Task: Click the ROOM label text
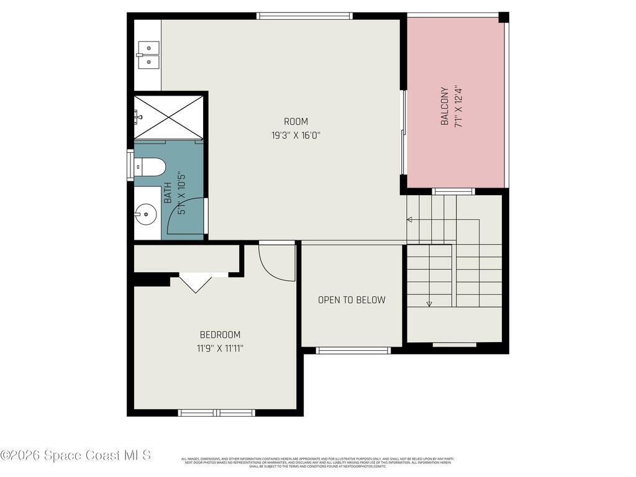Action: coord(296,122)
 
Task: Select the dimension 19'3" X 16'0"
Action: coord(296,135)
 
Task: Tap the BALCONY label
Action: coord(445,106)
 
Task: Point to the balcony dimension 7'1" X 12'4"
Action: coord(459,106)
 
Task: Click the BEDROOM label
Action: coord(219,335)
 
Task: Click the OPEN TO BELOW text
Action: coord(352,300)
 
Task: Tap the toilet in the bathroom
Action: coord(151,167)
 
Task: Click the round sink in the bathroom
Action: coord(145,216)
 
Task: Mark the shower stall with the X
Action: coord(168,117)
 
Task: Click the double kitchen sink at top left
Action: coord(148,55)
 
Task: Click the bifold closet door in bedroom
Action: coord(195,282)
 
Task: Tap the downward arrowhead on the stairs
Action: coord(429,304)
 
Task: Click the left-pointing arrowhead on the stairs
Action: coord(409,219)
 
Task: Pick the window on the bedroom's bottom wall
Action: coord(217,412)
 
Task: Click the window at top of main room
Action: coord(304,16)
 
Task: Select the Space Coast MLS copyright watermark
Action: coord(76,455)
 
